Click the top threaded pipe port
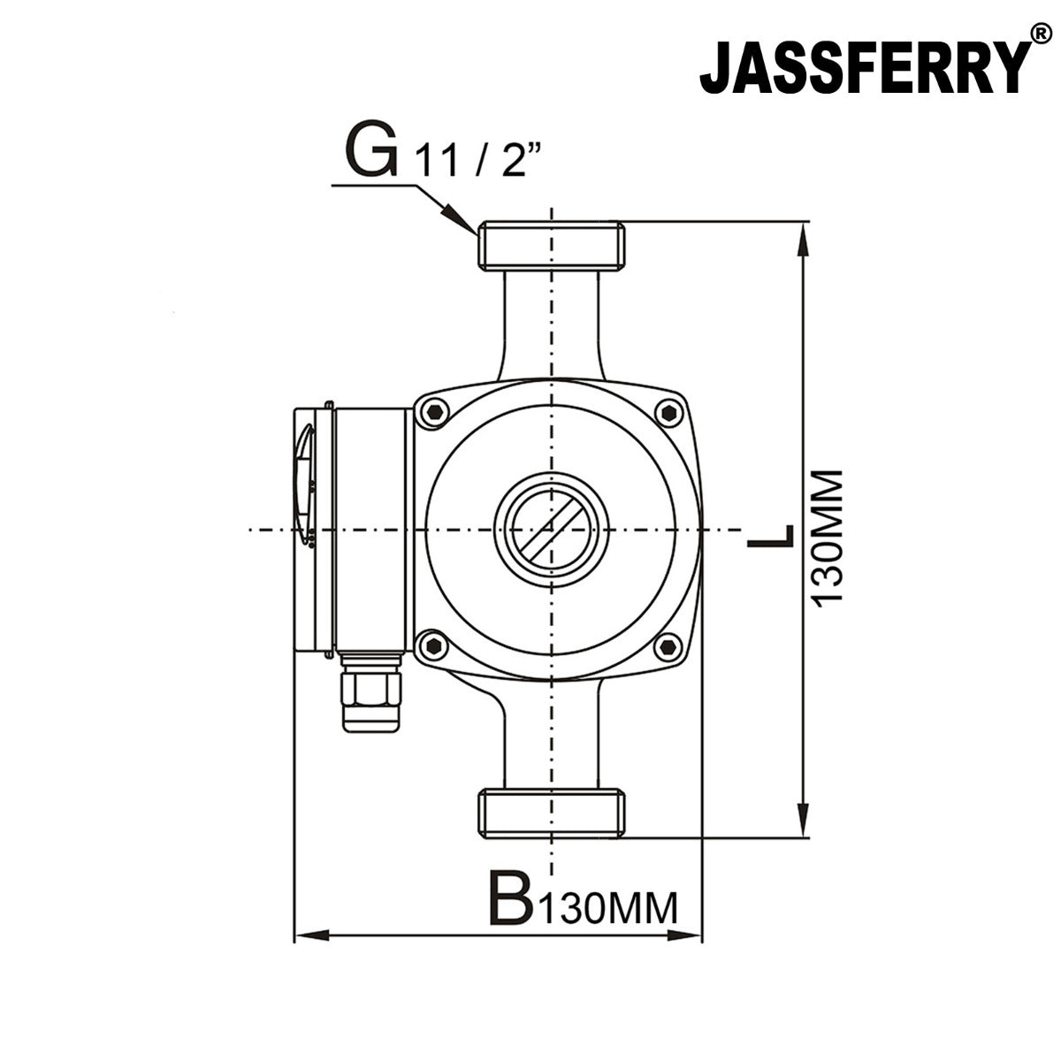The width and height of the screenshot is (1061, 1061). (552, 246)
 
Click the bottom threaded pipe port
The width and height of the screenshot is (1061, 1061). (552, 813)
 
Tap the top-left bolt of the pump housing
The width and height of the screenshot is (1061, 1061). (433, 413)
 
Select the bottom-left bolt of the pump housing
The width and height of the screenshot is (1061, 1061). (433, 646)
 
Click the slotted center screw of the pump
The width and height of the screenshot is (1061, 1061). (552, 530)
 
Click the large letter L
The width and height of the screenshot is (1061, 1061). (770, 536)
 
